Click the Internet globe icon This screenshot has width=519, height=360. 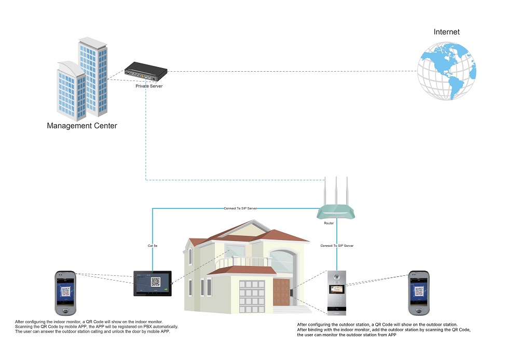coord(447,71)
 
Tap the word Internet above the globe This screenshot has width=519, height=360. coord(446,32)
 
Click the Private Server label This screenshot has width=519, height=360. coord(149,86)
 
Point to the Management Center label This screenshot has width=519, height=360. coord(82,126)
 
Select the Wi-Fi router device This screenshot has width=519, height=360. coord(337,211)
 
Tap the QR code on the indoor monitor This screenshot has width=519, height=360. coord(156,282)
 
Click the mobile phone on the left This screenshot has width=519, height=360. coord(66,293)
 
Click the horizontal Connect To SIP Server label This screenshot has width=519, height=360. coord(241,208)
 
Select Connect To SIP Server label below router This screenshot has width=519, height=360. coord(337,245)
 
